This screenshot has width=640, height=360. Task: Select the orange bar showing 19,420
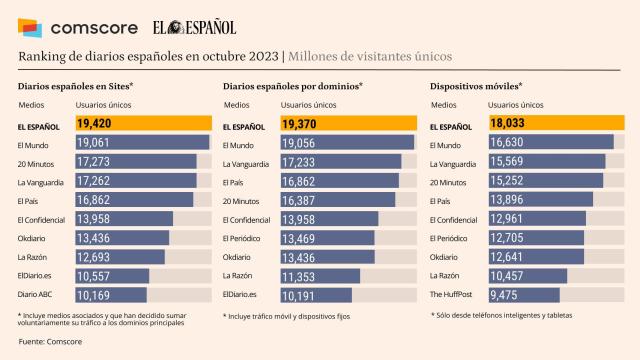click(x=142, y=124)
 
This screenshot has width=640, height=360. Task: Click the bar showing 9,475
click(x=513, y=294)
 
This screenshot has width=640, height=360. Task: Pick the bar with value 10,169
click(x=111, y=294)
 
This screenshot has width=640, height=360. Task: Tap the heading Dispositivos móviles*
click(x=475, y=87)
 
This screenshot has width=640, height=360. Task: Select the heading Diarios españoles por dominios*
click(x=292, y=87)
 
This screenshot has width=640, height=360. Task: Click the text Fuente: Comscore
click(x=50, y=343)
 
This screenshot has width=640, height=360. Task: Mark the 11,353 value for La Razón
click(x=306, y=275)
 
